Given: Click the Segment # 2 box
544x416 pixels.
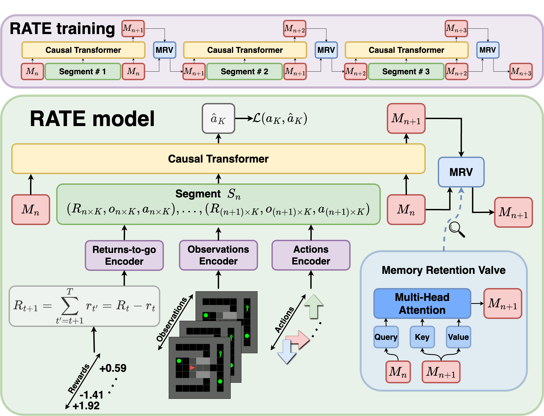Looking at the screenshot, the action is pyautogui.click(x=245, y=72).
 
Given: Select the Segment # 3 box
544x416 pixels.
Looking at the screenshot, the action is pyautogui.click(x=406, y=72).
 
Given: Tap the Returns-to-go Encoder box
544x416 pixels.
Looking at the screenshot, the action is pyautogui.click(x=124, y=255).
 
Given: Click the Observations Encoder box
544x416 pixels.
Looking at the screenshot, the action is pyautogui.click(x=218, y=255).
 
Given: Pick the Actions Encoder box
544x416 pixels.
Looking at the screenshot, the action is pyautogui.click(x=311, y=255).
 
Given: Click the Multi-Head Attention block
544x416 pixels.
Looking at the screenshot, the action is pyautogui.click(x=422, y=303).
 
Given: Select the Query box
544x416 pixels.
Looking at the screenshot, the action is pyautogui.click(x=386, y=337).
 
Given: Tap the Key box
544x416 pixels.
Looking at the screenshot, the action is pyautogui.click(x=422, y=337).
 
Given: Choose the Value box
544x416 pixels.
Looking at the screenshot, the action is pyautogui.click(x=458, y=337).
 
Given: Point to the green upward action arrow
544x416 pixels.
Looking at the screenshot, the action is pyautogui.click(x=314, y=306).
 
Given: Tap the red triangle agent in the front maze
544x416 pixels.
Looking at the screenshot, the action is pyautogui.click(x=192, y=367).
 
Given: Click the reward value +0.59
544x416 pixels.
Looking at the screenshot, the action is pyautogui.click(x=113, y=368).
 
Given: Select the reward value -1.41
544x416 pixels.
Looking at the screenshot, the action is pyautogui.click(x=91, y=395).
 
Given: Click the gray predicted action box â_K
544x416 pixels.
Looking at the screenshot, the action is pyautogui.click(x=218, y=118).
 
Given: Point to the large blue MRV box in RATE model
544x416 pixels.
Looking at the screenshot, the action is pyautogui.click(x=461, y=172).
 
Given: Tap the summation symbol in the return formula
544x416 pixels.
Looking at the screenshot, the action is pyautogui.click(x=70, y=306).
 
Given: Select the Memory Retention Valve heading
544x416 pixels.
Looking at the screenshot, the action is pyautogui.click(x=444, y=270).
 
